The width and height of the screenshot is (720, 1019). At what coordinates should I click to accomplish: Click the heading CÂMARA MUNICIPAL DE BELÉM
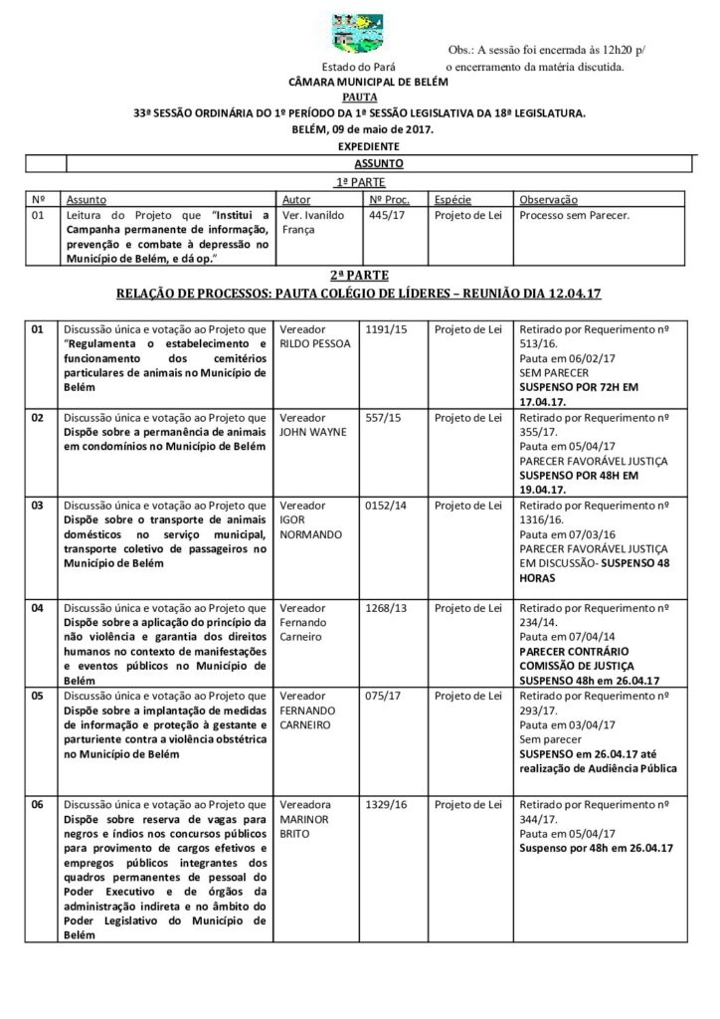point(359,87)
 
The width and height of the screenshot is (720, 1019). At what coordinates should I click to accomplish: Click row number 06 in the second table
point(38,805)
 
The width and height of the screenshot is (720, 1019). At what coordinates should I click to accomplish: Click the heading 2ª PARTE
point(359,275)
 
